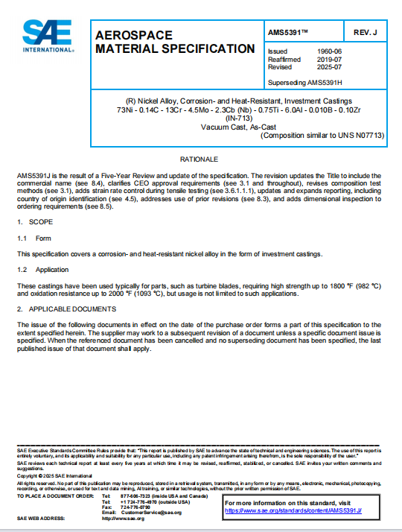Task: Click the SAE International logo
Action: pos(48,35)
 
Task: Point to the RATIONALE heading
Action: pos(200,159)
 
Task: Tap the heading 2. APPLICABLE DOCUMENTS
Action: pos(66,307)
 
